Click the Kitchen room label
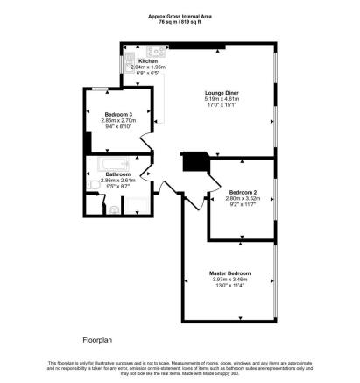point(136,60)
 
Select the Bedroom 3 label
point(118,114)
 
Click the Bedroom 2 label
point(242,191)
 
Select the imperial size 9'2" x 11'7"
point(242,204)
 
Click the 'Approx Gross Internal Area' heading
point(180,15)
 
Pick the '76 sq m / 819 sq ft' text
point(180,21)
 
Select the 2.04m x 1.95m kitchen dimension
point(136,67)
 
